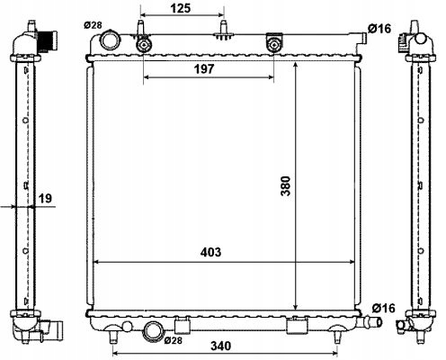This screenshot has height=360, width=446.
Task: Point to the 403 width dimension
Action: coord(210,252)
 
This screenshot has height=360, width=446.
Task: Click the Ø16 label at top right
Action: coord(379,30)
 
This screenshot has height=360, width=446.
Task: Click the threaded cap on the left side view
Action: coord(50,40)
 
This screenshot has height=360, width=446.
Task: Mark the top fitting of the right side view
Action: coord(418,37)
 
